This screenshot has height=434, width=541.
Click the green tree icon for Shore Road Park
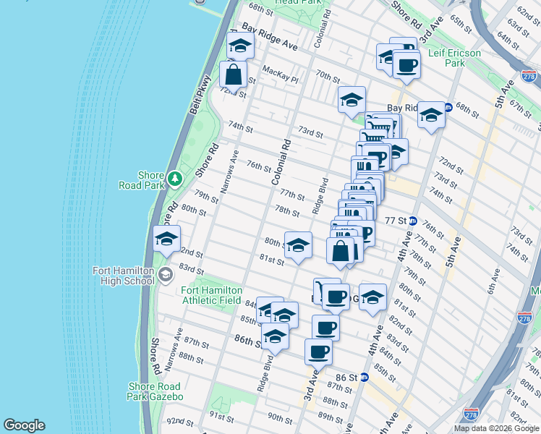(174, 178)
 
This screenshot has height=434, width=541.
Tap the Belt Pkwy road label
(200, 93)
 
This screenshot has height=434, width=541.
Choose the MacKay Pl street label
(281, 71)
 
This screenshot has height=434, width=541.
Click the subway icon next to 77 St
(412, 221)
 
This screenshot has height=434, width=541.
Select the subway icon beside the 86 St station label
(365, 378)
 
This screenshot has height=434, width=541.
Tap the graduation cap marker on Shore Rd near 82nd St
(166, 239)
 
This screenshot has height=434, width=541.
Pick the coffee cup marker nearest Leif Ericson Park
(406, 66)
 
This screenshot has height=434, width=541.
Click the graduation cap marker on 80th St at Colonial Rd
(298, 245)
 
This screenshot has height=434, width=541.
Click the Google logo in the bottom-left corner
(24, 425)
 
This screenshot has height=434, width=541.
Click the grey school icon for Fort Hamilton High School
(166, 273)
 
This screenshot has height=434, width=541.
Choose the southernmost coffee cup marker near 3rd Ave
(318, 352)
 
